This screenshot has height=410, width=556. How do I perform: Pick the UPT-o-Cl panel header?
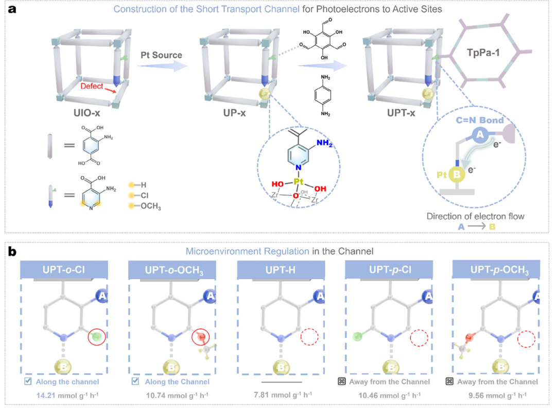click(x=64, y=269)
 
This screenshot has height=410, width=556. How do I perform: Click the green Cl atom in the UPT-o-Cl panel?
click(x=96, y=337)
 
